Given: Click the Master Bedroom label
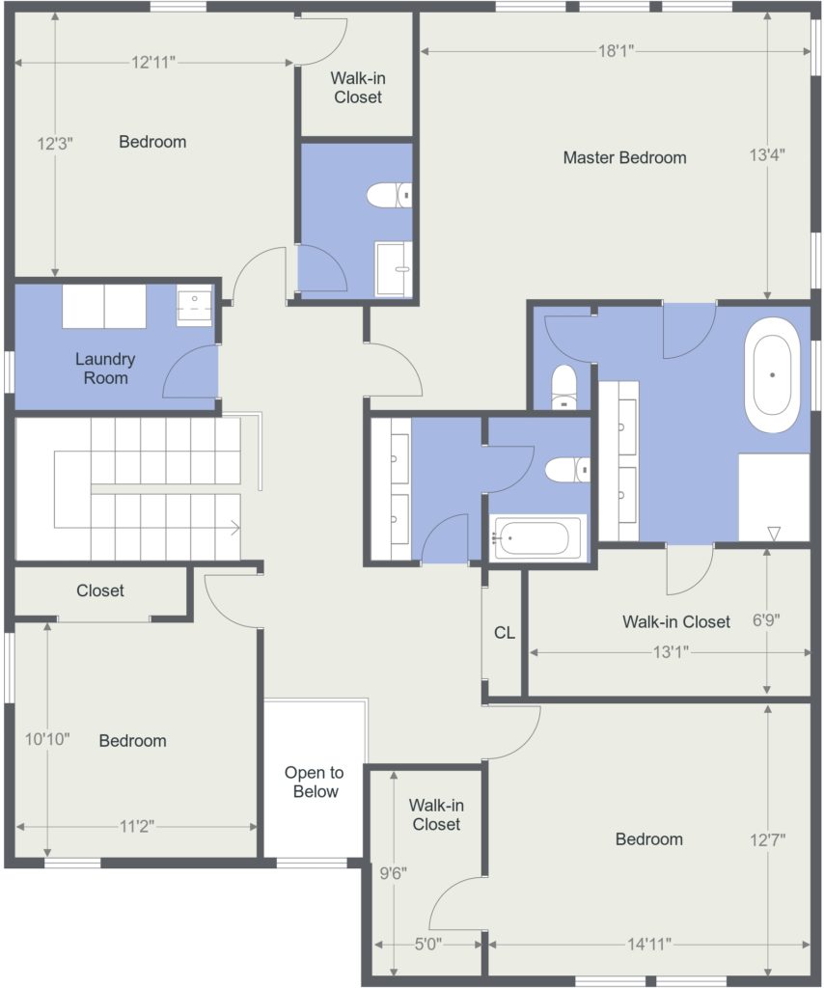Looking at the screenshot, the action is point(624,157).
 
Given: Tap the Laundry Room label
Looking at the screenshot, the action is point(105,369).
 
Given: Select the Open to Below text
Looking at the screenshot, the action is point(315,782).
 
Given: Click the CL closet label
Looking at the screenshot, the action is point(504,633).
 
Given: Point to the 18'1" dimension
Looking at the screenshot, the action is point(616,50).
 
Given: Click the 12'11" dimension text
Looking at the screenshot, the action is point(153,62).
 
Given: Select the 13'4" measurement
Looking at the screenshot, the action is point(767,154).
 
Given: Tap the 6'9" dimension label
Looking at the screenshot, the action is point(766,620).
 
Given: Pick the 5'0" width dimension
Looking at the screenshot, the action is point(427,944).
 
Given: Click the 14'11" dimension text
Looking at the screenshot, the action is point(648,944).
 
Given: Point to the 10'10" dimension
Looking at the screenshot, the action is point(47,738).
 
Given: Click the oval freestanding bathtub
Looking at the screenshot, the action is point(772,374).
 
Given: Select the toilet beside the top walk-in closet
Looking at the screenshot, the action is point(389,195).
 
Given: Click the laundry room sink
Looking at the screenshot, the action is point(194,304).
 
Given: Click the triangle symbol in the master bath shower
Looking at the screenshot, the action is point(774,534).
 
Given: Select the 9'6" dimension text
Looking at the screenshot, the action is point(393,873).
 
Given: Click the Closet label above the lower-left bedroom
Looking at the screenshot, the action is point(100,590).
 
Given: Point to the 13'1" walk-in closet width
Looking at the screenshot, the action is point(671,651).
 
